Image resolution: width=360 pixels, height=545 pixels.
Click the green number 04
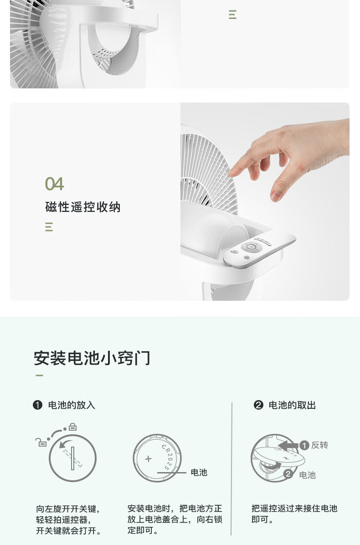[x=55, y=184]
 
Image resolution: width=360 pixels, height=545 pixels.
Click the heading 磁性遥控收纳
[x=82, y=207]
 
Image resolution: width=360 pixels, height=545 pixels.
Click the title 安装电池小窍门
[x=92, y=358]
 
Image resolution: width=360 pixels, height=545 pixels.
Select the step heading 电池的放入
[x=72, y=405]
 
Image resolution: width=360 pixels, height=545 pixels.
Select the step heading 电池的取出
[x=292, y=405]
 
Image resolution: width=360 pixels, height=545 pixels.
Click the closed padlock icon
[x=72, y=427]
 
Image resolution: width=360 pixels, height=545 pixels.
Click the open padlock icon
[x=41, y=442]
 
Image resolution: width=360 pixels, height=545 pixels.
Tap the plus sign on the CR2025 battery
[x=149, y=459]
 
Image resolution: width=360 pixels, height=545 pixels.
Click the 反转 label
[x=320, y=445]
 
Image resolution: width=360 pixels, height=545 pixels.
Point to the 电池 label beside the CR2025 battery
[x=199, y=473]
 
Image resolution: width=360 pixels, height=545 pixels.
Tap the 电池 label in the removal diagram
[x=308, y=475]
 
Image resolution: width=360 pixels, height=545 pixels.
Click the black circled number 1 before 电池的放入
[x=37, y=405]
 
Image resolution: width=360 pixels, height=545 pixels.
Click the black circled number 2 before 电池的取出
[x=258, y=405]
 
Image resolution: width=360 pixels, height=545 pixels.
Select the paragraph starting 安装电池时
[x=175, y=519]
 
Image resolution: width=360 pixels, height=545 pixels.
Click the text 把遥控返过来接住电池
[x=294, y=509]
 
